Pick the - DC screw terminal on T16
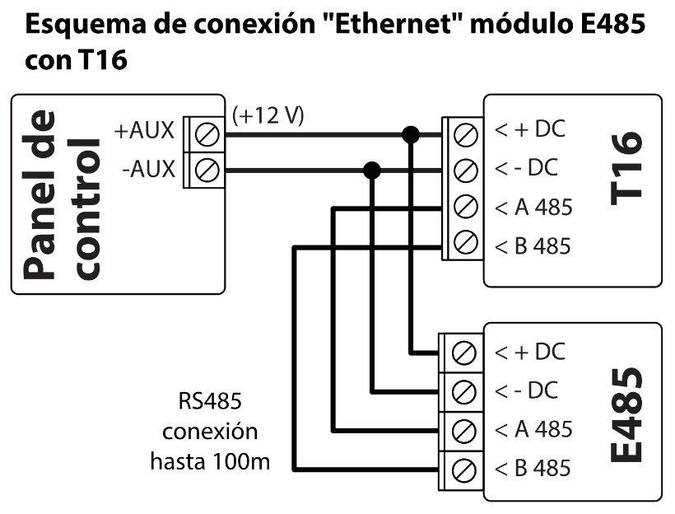[x=466, y=170]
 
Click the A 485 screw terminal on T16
[x=466, y=206]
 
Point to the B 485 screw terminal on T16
[x=466, y=244]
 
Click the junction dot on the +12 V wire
[x=410, y=133]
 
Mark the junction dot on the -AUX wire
[x=372, y=171]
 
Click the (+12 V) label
[x=268, y=115]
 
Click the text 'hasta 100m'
[x=210, y=460]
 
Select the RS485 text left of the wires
[x=210, y=402]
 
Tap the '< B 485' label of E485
[x=532, y=468]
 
